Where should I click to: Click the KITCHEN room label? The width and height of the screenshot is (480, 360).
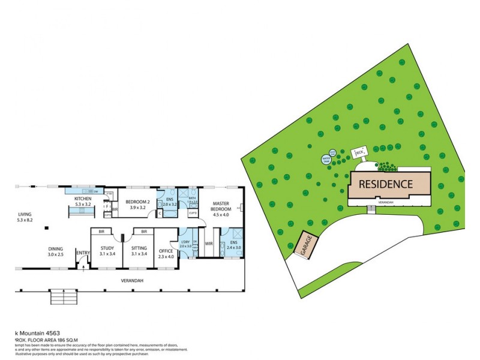pyautogui.click(x=82, y=199)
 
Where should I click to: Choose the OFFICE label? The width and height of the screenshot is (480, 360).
pyautogui.click(x=166, y=251)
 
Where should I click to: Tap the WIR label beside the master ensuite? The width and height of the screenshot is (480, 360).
pyautogui.click(x=209, y=244)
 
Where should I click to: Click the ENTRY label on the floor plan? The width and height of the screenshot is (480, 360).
pyautogui.click(x=82, y=253)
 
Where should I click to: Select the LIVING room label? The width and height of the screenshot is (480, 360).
pyautogui.click(x=25, y=214)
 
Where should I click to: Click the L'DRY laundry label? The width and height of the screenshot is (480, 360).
pyautogui.click(x=185, y=243)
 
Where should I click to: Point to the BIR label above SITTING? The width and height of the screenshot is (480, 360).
pyautogui.click(x=144, y=231)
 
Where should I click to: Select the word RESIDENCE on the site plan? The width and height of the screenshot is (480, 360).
pyautogui.click(x=386, y=184)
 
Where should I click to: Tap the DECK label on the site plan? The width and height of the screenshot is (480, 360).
pyautogui.click(x=360, y=154)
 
